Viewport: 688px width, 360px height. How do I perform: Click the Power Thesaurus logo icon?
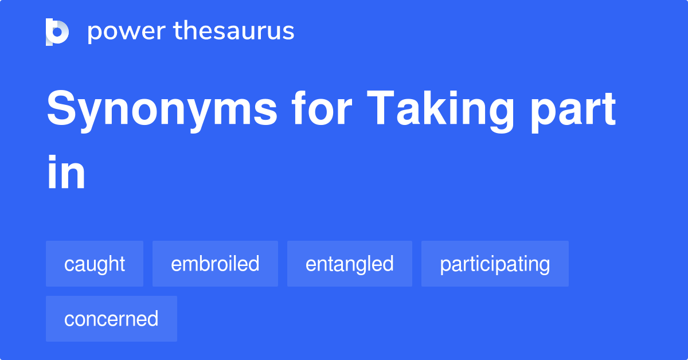57,32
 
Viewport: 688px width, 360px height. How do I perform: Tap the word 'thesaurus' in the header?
234,32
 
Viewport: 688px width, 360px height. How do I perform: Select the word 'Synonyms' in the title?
162,110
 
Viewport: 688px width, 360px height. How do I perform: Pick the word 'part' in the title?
574,110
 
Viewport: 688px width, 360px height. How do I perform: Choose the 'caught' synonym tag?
95,264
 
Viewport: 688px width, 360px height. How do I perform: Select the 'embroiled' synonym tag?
215,264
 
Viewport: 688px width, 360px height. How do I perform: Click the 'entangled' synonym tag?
350,264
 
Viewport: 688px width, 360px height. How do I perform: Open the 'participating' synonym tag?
495,264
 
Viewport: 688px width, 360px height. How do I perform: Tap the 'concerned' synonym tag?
111,319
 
